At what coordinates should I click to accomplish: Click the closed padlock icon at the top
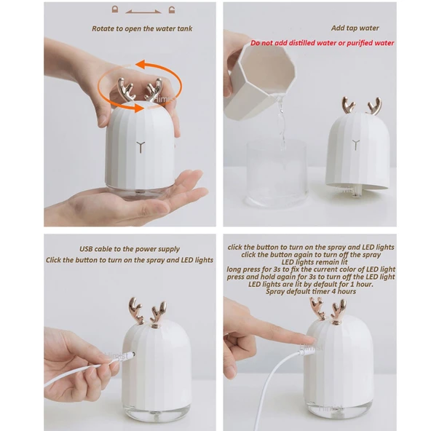point(114,10)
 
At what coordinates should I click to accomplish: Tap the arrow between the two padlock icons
point(143,12)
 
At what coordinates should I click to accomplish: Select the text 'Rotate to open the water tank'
point(143,29)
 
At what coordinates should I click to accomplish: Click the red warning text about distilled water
point(323,43)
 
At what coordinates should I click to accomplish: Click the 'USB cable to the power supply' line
point(129,249)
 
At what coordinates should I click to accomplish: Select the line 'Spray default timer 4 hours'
point(311,291)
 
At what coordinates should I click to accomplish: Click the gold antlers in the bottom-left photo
point(146,312)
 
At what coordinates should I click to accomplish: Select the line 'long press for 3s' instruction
point(311,269)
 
